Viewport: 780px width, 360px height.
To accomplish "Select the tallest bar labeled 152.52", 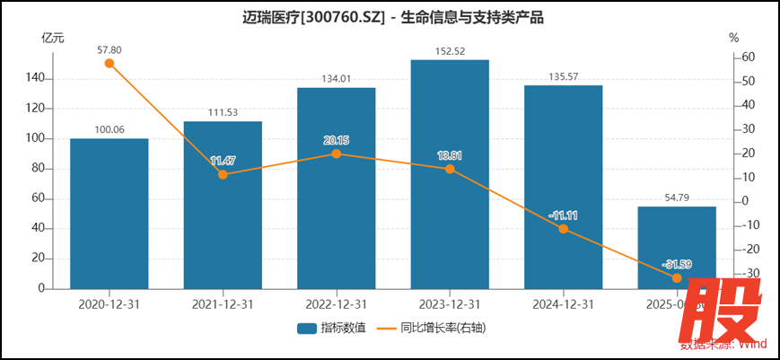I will (450, 174).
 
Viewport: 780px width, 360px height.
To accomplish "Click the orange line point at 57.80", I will (110, 63).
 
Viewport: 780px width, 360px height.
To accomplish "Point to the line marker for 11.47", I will (223, 174).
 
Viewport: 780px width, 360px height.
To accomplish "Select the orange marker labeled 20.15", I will (337, 154).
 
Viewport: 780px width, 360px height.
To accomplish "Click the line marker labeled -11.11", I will (564, 229).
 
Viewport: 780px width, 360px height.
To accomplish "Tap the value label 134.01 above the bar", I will (337, 80).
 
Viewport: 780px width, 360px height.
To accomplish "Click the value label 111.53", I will (223, 112).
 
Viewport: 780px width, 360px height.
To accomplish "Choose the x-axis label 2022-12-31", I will (337, 304).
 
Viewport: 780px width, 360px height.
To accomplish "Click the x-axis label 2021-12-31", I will (223, 304).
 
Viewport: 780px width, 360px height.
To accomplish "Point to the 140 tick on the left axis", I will (36, 79).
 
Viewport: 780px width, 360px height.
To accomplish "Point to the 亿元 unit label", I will (53, 38).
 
